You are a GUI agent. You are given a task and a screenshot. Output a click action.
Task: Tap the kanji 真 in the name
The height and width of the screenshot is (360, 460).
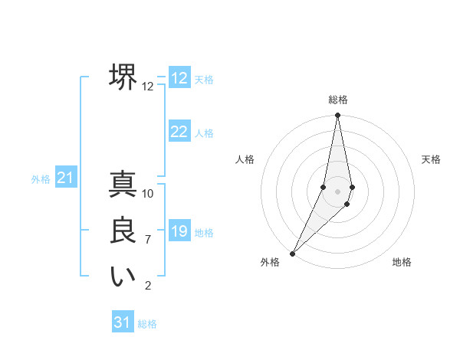pyautogui.click(x=123, y=185)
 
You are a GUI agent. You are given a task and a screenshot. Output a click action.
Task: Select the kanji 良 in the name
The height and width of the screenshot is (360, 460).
pyautogui.click(x=123, y=231)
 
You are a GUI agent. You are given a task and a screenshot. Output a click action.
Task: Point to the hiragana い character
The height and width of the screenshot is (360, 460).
pyautogui.click(x=123, y=277)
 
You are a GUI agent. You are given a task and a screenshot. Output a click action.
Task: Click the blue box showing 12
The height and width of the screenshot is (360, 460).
pyautogui.click(x=179, y=78)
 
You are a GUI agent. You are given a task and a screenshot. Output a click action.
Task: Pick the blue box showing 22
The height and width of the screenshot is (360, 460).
pyautogui.click(x=179, y=132)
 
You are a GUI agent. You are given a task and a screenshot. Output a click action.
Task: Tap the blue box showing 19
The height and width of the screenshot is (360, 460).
pyautogui.click(x=179, y=231)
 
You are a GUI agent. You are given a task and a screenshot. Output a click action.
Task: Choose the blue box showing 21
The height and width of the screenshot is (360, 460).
pyautogui.click(x=65, y=178)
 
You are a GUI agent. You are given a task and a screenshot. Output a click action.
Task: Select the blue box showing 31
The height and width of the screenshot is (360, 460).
pyautogui.click(x=123, y=322)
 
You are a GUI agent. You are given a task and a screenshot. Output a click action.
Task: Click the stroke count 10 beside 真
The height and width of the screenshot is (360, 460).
pyautogui.click(x=148, y=193)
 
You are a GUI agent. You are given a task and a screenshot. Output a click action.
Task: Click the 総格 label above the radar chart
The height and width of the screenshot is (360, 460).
pyautogui.click(x=337, y=100)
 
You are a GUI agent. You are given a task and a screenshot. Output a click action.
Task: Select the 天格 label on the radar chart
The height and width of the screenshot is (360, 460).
pyautogui.click(x=431, y=159)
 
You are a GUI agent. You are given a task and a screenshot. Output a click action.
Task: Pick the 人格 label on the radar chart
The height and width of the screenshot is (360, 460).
pyautogui.click(x=245, y=159)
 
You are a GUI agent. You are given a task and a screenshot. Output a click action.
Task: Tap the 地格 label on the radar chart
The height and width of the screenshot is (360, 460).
pyautogui.click(x=402, y=262)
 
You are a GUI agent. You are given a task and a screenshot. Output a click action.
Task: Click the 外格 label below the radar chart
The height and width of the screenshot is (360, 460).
pyautogui.click(x=270, y=262)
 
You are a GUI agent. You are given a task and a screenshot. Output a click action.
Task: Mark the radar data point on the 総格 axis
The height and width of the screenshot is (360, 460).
pyautogui.click(x=337, y=116)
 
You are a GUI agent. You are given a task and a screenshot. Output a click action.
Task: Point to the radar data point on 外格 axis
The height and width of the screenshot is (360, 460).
pyautogui.click(x=292, y=253)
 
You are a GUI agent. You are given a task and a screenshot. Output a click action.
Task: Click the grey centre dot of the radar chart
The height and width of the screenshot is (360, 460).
pyautogui.click(x=337, y=191)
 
